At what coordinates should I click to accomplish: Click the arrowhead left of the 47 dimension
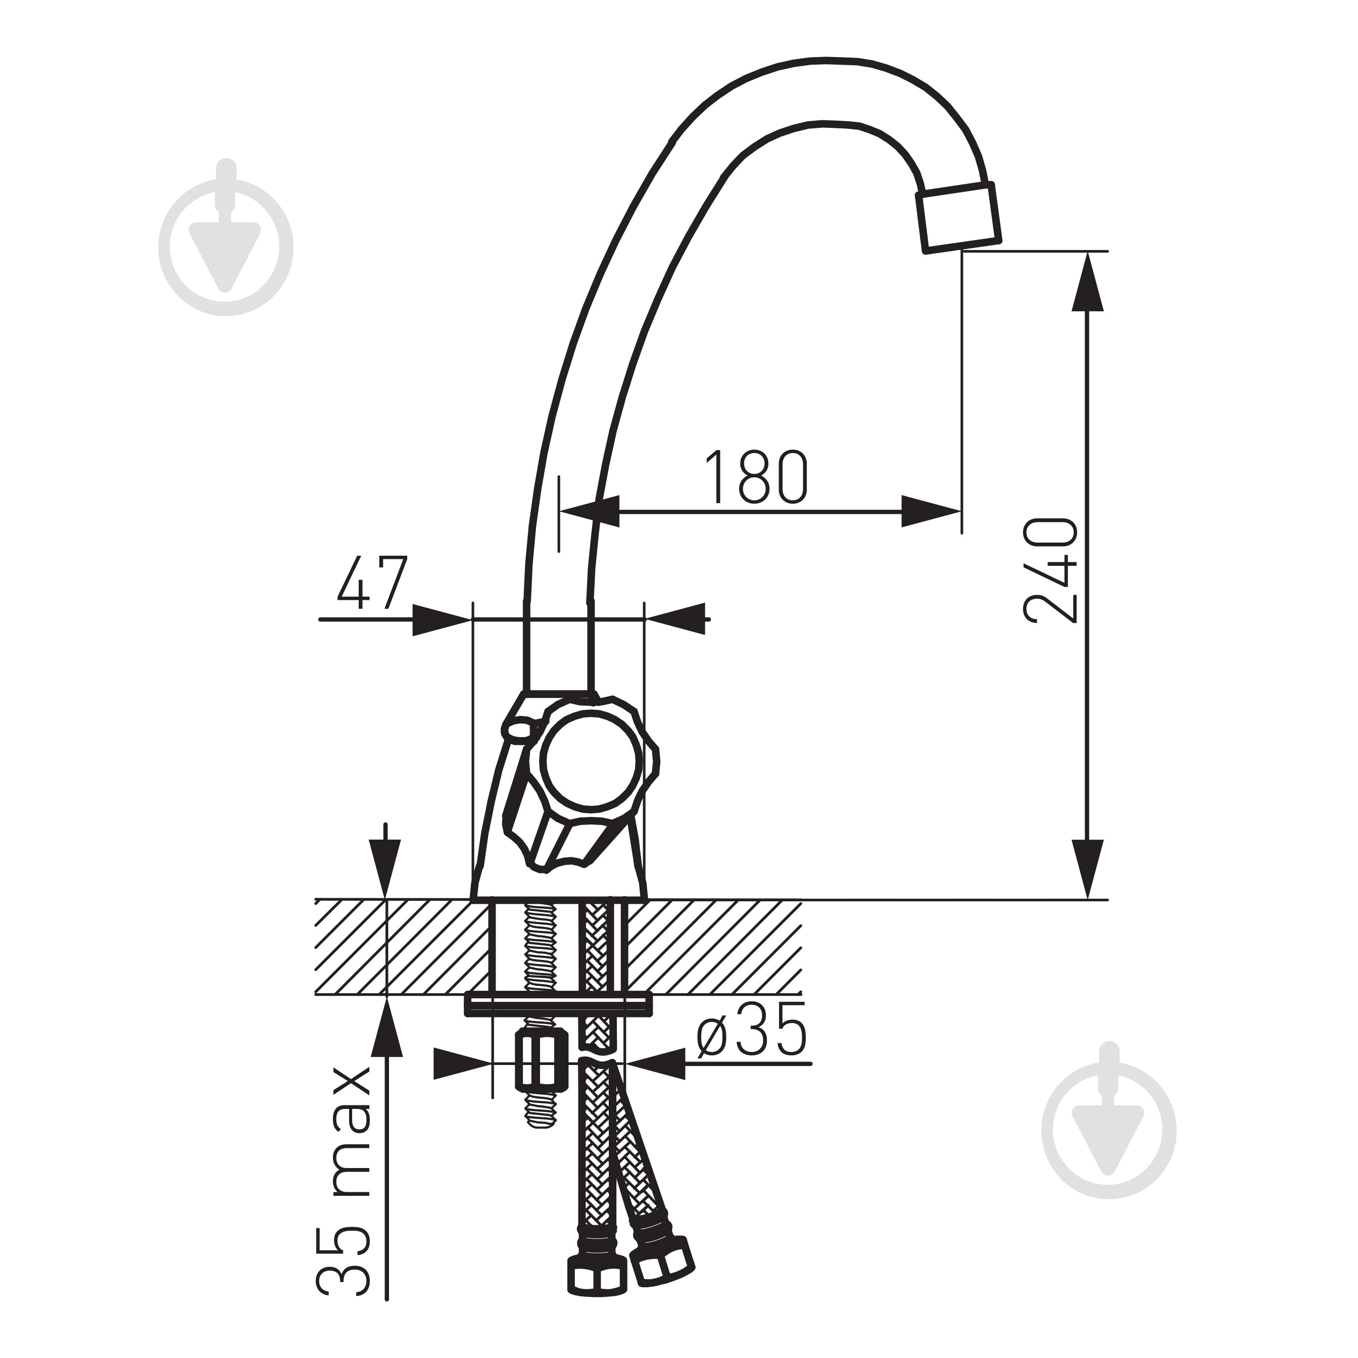440,620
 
